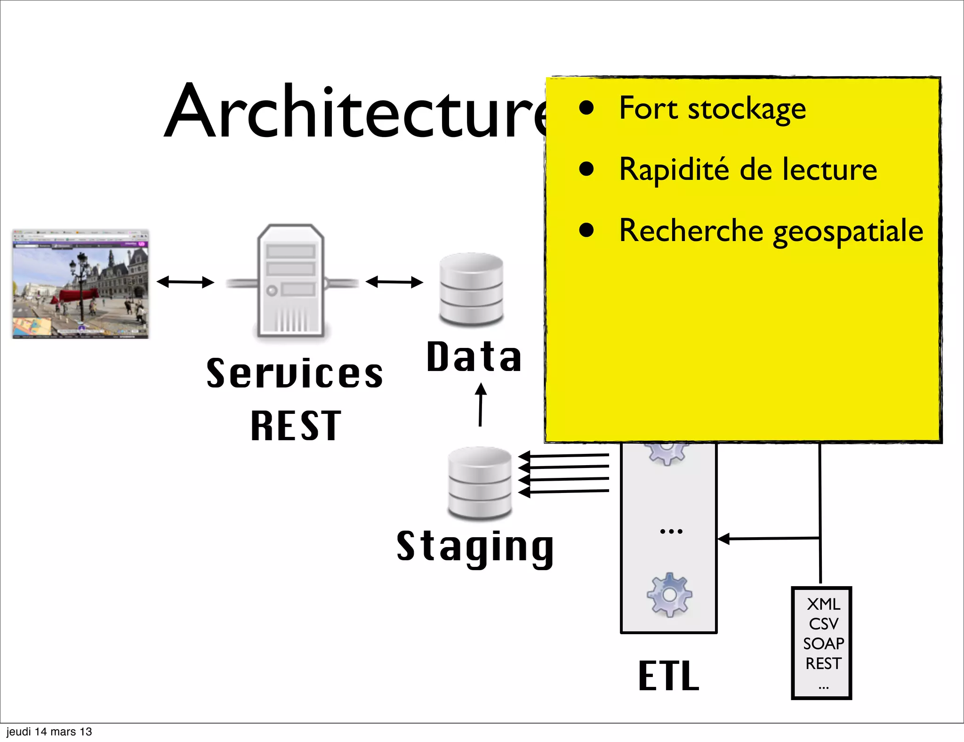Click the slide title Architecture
point(355,113)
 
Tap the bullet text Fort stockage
point(712,109)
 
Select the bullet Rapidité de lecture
point(747,169)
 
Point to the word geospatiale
point(848,232)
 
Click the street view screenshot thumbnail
point(80,284)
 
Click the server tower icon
point(291,282)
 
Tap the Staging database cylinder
point(480,483)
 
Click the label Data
point(474,357)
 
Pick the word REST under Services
point(296,426)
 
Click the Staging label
point(475,547)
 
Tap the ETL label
point(668,676)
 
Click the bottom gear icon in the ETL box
point(669,595)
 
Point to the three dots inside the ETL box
point(671,532)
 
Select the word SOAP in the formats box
point(823,644)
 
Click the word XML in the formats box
point(823,604)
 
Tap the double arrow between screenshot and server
point(185,282)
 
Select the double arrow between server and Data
point(394,282)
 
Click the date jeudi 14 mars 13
point(49,732)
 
